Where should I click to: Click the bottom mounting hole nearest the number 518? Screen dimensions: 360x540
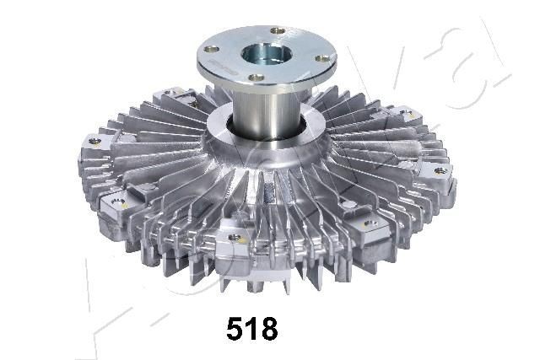234,239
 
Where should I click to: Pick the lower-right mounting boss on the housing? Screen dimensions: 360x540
369,223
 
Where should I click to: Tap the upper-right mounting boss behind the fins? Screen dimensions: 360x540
404,113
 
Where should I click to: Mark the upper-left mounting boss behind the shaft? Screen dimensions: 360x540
173,93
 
